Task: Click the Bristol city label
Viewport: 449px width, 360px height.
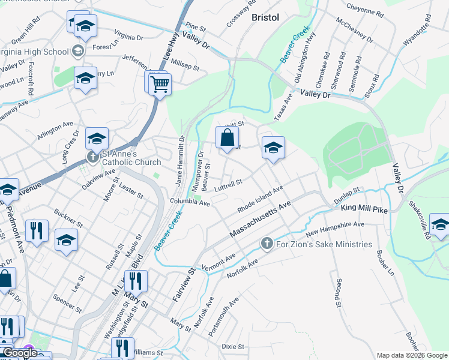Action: [x=265, y=17]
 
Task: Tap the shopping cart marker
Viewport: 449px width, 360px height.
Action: [x=160, y=85]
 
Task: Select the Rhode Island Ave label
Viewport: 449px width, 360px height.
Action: [x=259, y=199]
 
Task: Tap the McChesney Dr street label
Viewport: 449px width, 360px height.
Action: [x=355, y=32]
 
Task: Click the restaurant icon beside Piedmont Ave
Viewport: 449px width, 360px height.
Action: [x=37, y=231]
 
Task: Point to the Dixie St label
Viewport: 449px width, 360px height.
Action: [x=233, y=347]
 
